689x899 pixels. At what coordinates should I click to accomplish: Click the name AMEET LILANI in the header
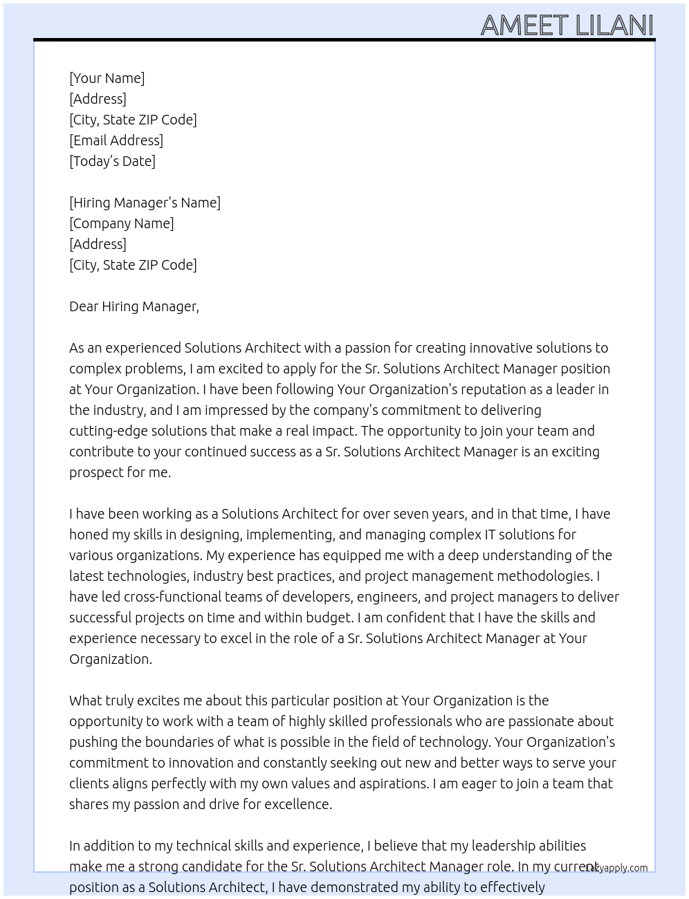pyautogui.click(x=567, y=25)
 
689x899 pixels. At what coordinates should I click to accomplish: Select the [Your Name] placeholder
pyautogui.click(x=107, y=78)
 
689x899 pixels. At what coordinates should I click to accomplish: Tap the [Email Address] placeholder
pyautogui.click(x=116, y=140)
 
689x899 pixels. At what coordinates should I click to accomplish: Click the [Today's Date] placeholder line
pyautogui.click(x=112, y=161)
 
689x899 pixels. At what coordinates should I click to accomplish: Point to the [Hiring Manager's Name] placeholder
pyautogui.click(x=145, y=203)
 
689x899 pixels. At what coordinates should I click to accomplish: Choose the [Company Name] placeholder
pyautogui.click(x=121, y=223)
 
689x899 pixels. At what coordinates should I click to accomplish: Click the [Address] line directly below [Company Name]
pyautogui.click(x=98, y=244)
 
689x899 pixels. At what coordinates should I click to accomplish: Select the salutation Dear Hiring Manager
pyautogui.click(x=134, y=306)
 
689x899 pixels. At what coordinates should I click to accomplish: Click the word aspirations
pyautogui.click(x=392, y=784)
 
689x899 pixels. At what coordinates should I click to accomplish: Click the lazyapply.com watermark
pyautogui.click(x=616, y=868)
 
